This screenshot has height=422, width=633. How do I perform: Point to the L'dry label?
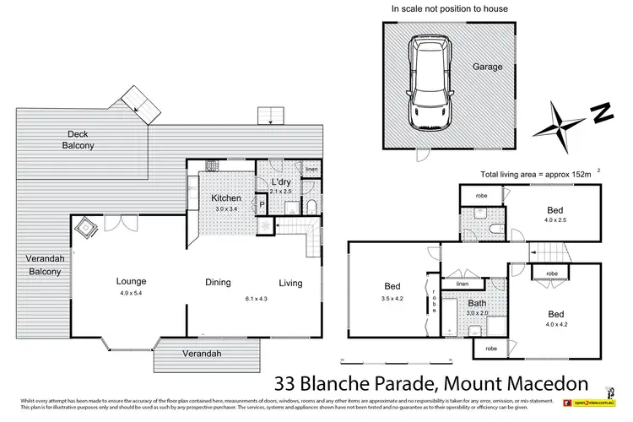(x=280, y=183)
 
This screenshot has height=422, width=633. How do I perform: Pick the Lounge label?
(x=132, y=282)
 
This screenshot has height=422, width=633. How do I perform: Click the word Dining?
(x=219, y=284)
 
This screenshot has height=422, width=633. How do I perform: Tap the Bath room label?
(x=478, y=304)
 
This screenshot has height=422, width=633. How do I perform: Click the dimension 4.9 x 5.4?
(x=132, y=295)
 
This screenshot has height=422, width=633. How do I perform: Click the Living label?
(x=290, y=284)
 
